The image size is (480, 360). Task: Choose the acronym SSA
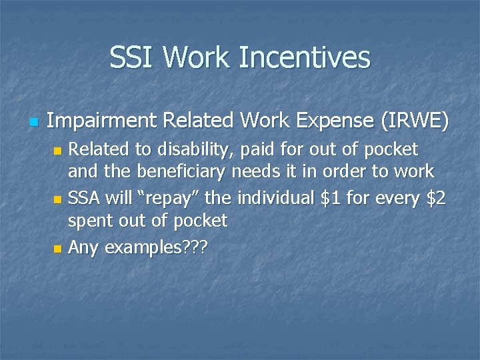tap(85, 199)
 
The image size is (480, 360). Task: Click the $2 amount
tap(437, 199)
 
